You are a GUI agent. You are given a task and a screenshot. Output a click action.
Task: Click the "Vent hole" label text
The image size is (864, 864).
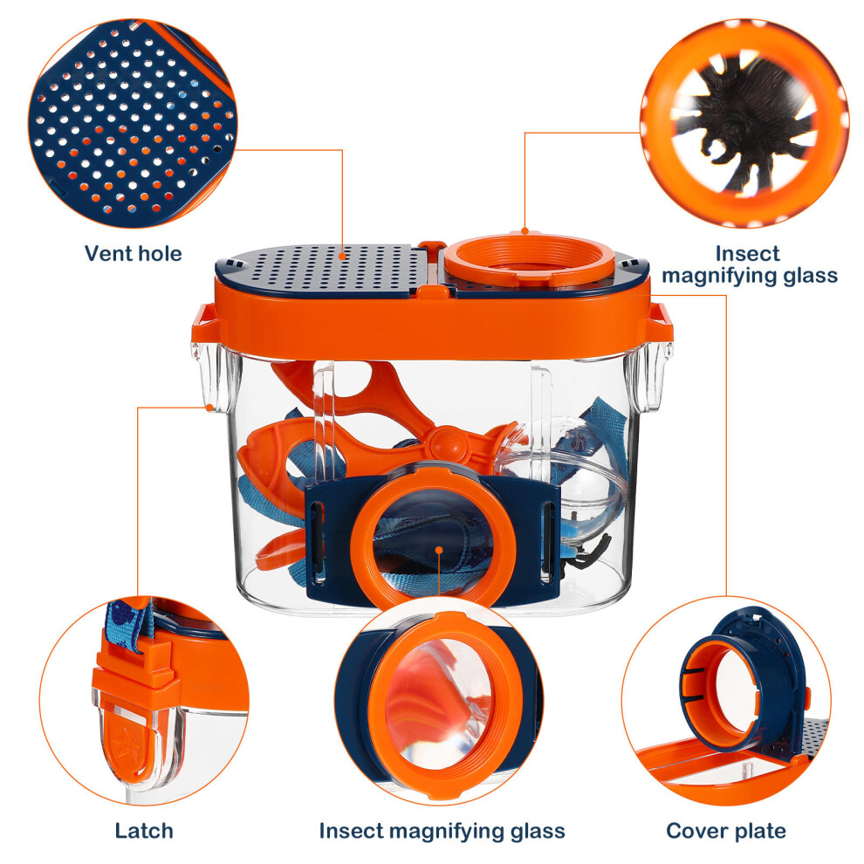(134, 253)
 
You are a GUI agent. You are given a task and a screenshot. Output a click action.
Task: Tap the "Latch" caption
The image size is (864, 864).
(144, 830)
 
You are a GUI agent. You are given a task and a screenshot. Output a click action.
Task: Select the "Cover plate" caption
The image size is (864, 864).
(726, 830)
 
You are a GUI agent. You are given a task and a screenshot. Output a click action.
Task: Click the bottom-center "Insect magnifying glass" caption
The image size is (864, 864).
(442, 831)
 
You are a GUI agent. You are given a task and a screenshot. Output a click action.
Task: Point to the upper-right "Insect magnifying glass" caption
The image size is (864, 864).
(750, 264)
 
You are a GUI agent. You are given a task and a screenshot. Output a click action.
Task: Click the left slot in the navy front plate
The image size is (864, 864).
(318, 540)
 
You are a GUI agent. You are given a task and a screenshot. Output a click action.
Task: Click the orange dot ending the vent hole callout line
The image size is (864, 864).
(342, 256)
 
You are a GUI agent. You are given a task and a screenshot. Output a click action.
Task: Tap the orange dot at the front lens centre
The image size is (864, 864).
(439, 549)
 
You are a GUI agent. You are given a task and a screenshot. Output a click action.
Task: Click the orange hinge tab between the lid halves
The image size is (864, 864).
(432, 245)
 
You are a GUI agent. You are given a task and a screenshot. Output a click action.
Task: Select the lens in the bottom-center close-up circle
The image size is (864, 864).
(438, 705)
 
